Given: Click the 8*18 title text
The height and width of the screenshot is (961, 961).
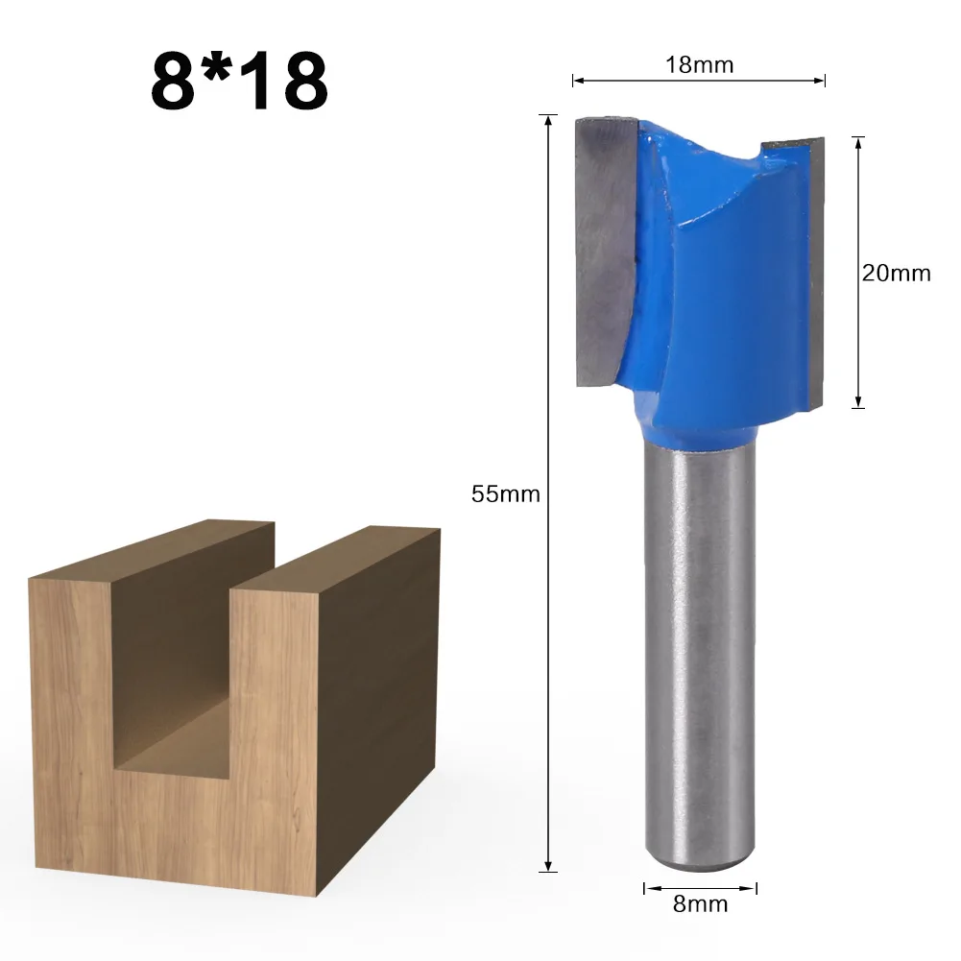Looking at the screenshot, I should [x=239, y=83].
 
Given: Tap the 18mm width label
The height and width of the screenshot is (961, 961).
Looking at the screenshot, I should [x=699, y=65].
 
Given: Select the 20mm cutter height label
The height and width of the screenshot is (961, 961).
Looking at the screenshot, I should [x=896, y=273].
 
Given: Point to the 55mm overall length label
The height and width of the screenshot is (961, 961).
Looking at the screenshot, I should [x=506, y=495].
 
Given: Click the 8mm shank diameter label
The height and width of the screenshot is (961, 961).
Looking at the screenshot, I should [x=701, y=903].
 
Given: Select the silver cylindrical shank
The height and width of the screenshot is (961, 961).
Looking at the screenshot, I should [x=700, y=653].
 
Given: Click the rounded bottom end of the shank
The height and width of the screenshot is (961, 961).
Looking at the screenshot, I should [x=700, y=859].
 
